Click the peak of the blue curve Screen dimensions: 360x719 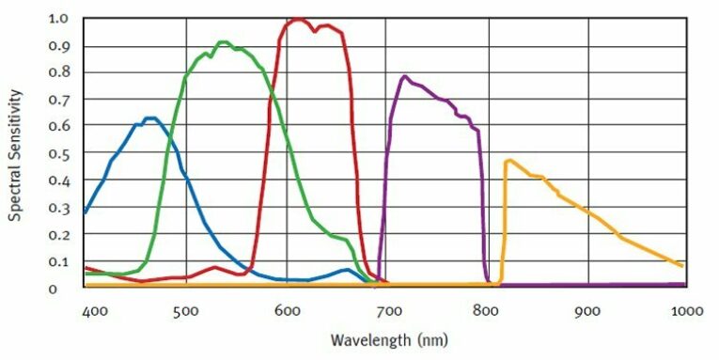[150, 118]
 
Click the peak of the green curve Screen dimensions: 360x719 [223, 42]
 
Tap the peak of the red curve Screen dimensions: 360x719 [297, 19]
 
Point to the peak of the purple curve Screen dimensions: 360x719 [404, 76]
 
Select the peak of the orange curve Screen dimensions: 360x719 [508, 161]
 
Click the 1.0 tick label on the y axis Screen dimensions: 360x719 [57, 19]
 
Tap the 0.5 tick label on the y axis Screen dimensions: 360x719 [57, 153]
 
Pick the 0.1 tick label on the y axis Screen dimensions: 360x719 [57, 261]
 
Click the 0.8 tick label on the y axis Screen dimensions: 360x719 [57, 72]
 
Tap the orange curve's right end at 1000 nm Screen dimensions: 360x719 [682, 266]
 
